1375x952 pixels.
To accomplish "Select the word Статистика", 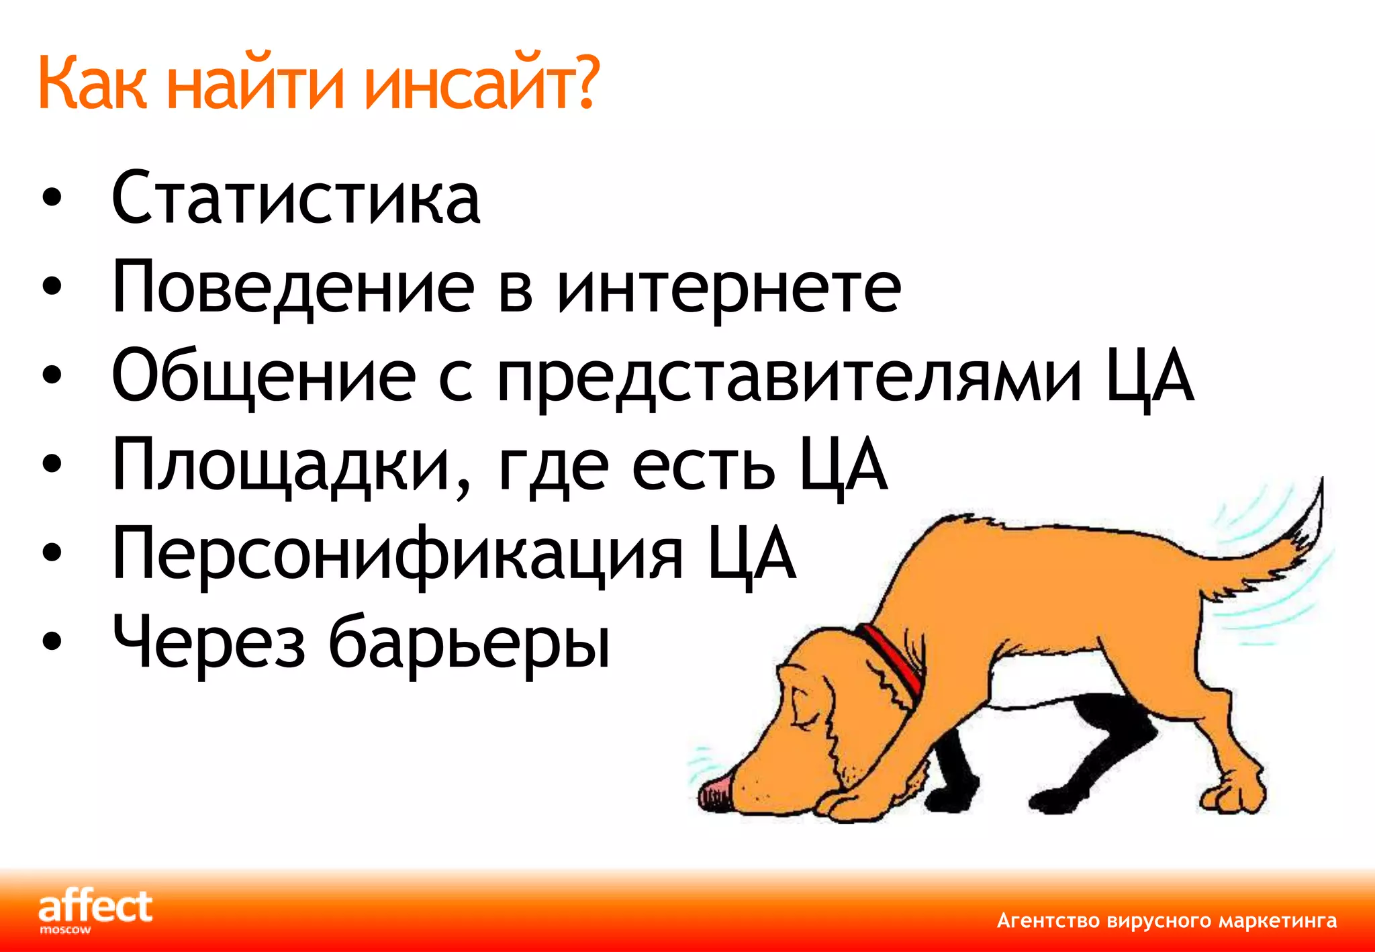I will (x=296, y=198).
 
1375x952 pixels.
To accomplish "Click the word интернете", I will (x=729, y=287).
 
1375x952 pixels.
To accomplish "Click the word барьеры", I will (x=469, y=642).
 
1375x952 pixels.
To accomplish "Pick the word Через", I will (x=209, y=642).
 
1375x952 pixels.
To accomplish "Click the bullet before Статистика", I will (x=51, y=199).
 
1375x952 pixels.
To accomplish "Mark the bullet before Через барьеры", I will (x=51, y=642).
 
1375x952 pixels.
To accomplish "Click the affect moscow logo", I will (x=95, y=911).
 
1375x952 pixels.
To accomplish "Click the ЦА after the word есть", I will (x=843, y=465).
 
